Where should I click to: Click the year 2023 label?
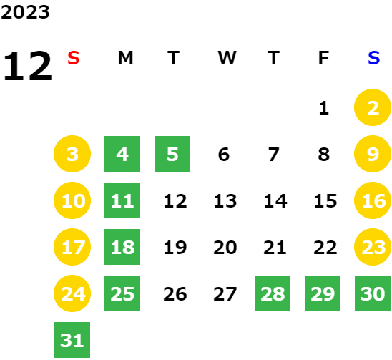click(25, 12)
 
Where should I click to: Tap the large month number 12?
click(27, 66)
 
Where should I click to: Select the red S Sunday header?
click(74, 58)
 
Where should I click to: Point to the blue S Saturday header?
click(373, 58)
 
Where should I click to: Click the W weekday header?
click(227, 58)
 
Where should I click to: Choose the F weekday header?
click(323, 58)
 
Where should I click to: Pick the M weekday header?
click(125, 58)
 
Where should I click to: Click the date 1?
click(324, 108)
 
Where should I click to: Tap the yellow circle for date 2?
click(373, 107)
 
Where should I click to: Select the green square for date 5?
click(172, 154)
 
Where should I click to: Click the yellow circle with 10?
click(72, 200)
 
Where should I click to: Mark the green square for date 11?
click(122, 200)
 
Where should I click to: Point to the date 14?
click(275, 201)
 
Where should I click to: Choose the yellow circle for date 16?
click(373, 200)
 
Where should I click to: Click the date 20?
click(225, 248)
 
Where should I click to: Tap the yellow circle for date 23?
click(373, 247)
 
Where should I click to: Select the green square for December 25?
click(122, 293)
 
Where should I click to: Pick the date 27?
click(225, 294)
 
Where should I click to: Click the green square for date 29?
click(323, 293)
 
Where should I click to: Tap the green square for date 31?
click(72, 340)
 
